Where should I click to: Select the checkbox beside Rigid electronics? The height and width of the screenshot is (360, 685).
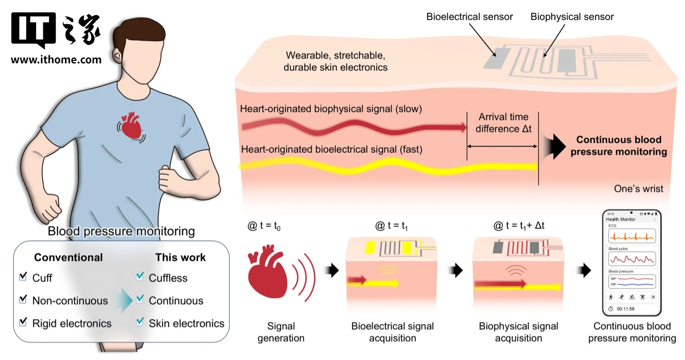pos(22,323)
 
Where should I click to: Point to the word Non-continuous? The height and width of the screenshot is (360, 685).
pos(70,301)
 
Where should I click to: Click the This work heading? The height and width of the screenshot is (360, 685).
pos(180,257)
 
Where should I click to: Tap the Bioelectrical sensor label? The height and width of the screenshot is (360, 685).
pos(470,17)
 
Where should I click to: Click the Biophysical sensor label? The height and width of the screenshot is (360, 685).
pos(572,17)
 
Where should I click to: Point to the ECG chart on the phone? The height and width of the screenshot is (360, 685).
pos(632,236)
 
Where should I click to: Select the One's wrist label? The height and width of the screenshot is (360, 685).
pos(639,189)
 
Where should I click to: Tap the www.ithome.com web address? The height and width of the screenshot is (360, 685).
pos(56,60)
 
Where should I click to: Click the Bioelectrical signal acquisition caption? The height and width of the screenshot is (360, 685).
pos(392,332)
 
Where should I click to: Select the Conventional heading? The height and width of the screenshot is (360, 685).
pos(68,257)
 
